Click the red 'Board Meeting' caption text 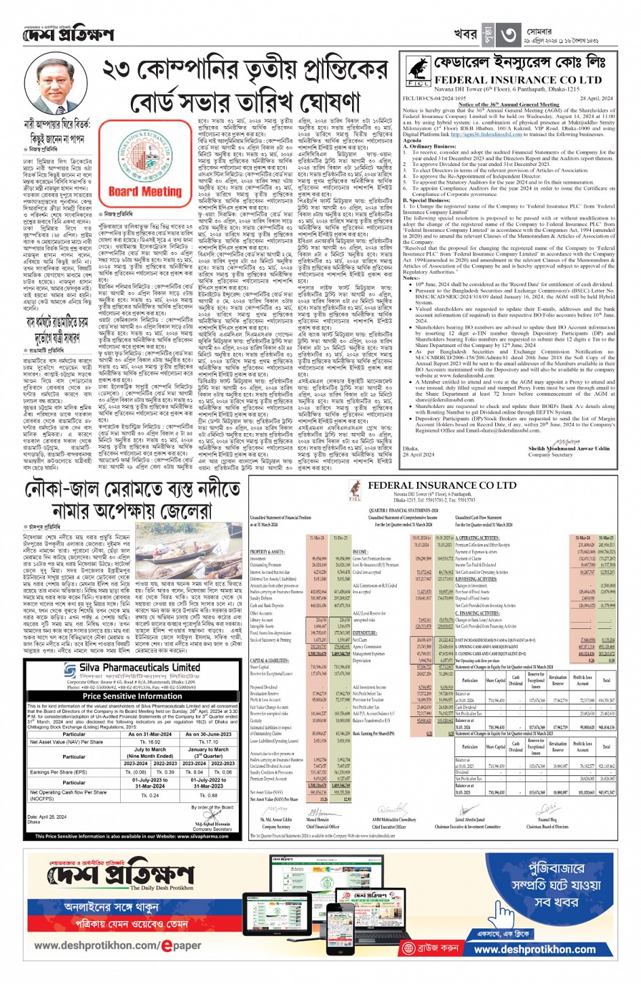pos(144,191)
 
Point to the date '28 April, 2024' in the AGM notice pos(598,98)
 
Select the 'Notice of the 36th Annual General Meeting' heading pos(509,105)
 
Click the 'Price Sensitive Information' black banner pos(132,696)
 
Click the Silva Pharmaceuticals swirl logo pos(71,670)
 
